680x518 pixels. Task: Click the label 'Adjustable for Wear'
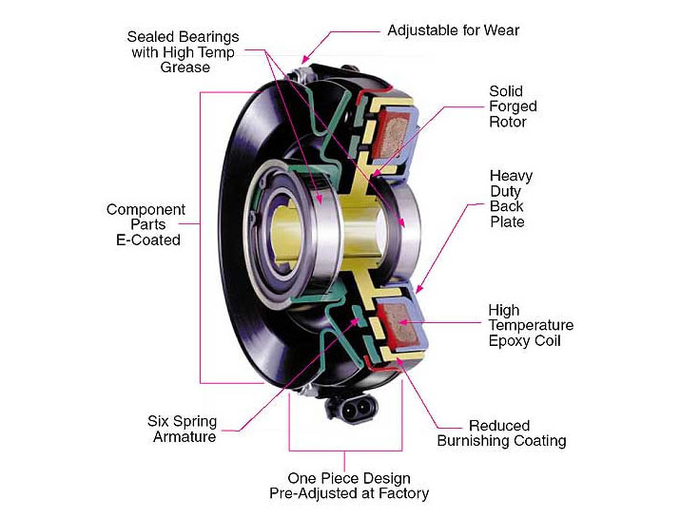[453, 30]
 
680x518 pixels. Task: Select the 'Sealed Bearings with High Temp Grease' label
[183, 52]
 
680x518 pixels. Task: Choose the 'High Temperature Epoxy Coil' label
[530, 325]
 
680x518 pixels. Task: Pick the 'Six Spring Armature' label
[182, 429]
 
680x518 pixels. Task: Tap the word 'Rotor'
[507, 122]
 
